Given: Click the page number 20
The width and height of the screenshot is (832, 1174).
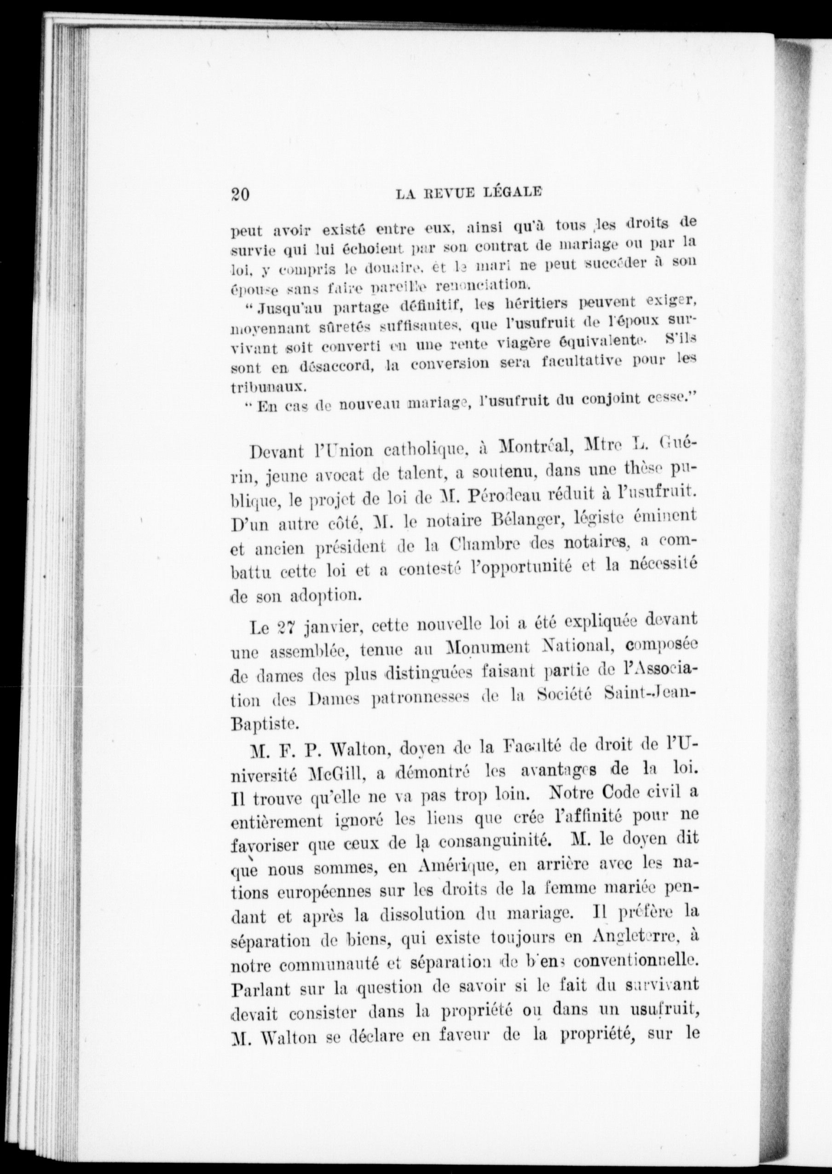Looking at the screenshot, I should coord(240,195).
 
